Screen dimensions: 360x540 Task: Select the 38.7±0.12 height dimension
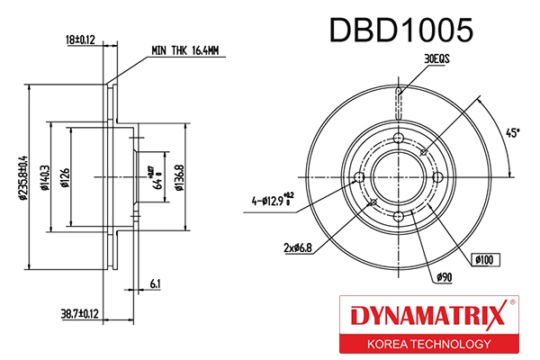(78, 313)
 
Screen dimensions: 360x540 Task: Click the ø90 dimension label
(442, 276)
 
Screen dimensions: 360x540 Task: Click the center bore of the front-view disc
(400, 177)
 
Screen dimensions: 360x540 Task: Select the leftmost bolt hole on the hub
(359, 177)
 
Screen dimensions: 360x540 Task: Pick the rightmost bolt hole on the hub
(439, 177)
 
